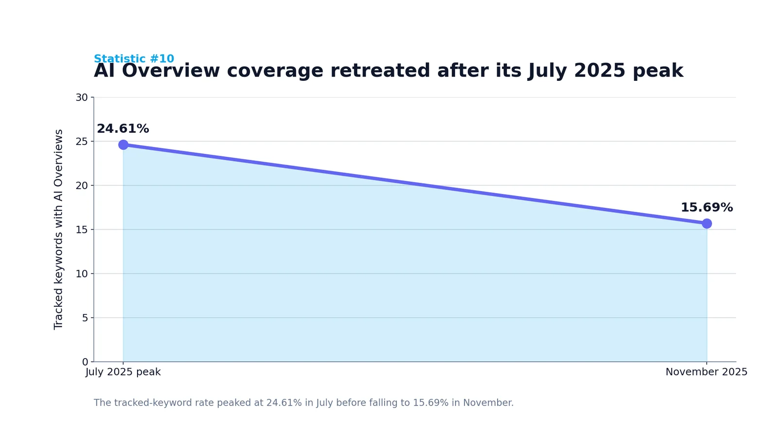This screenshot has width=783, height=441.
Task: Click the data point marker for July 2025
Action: [x=123, y=145]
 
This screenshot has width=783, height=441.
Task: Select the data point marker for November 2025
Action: [x=707, y=223]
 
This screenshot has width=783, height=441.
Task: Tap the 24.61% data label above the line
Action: [x=123, y=128]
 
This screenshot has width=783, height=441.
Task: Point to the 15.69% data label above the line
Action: [x=707, y=207]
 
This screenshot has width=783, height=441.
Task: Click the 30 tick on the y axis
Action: [x=82, y=98]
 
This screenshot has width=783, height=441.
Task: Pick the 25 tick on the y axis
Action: [x=82, y=142]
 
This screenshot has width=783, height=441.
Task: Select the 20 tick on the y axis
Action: [x=82, y=186]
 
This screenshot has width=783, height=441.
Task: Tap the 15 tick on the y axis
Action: [x=82, y=230]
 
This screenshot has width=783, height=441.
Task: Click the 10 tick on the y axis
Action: [x=82, y=274]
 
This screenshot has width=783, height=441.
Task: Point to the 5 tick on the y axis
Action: [x=85, y=318]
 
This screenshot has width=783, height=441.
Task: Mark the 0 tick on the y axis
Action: [x=85, y=362]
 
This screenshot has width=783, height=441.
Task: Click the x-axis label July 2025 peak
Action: [x=123, y=372]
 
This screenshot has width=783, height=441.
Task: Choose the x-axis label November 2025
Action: [x=706, y=372]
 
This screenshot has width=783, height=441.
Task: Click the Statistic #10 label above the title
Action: [x=134, y=58]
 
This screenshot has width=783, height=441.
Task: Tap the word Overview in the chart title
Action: [x=171, y=71]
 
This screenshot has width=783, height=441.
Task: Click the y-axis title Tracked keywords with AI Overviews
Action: [x=58, y=229]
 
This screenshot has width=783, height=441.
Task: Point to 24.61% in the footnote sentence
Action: [x=284, y=402]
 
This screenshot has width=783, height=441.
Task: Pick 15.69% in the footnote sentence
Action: [x=431, y=402]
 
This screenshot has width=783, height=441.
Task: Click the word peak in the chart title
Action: [x=658, y=71]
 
